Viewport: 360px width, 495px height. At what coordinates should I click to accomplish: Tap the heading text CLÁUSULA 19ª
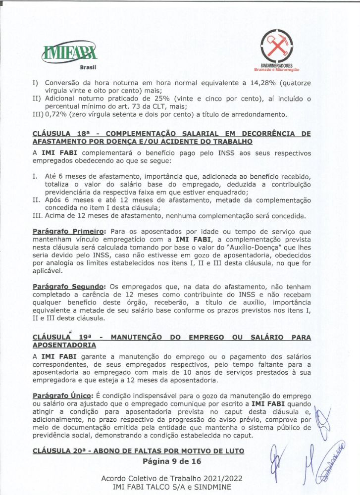pos(60,337)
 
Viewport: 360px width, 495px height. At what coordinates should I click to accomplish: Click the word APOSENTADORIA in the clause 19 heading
pos(64,345)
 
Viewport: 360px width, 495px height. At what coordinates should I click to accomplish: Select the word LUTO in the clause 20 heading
pos(232,451)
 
